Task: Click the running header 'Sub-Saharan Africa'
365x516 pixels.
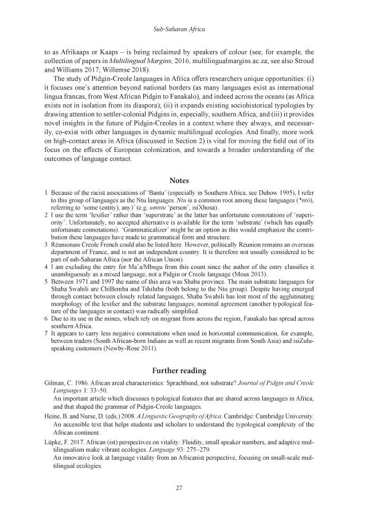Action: pyautogui.click(x=182, y=28)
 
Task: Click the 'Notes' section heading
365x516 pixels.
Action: pyautogui.click(x=182, y=181)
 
